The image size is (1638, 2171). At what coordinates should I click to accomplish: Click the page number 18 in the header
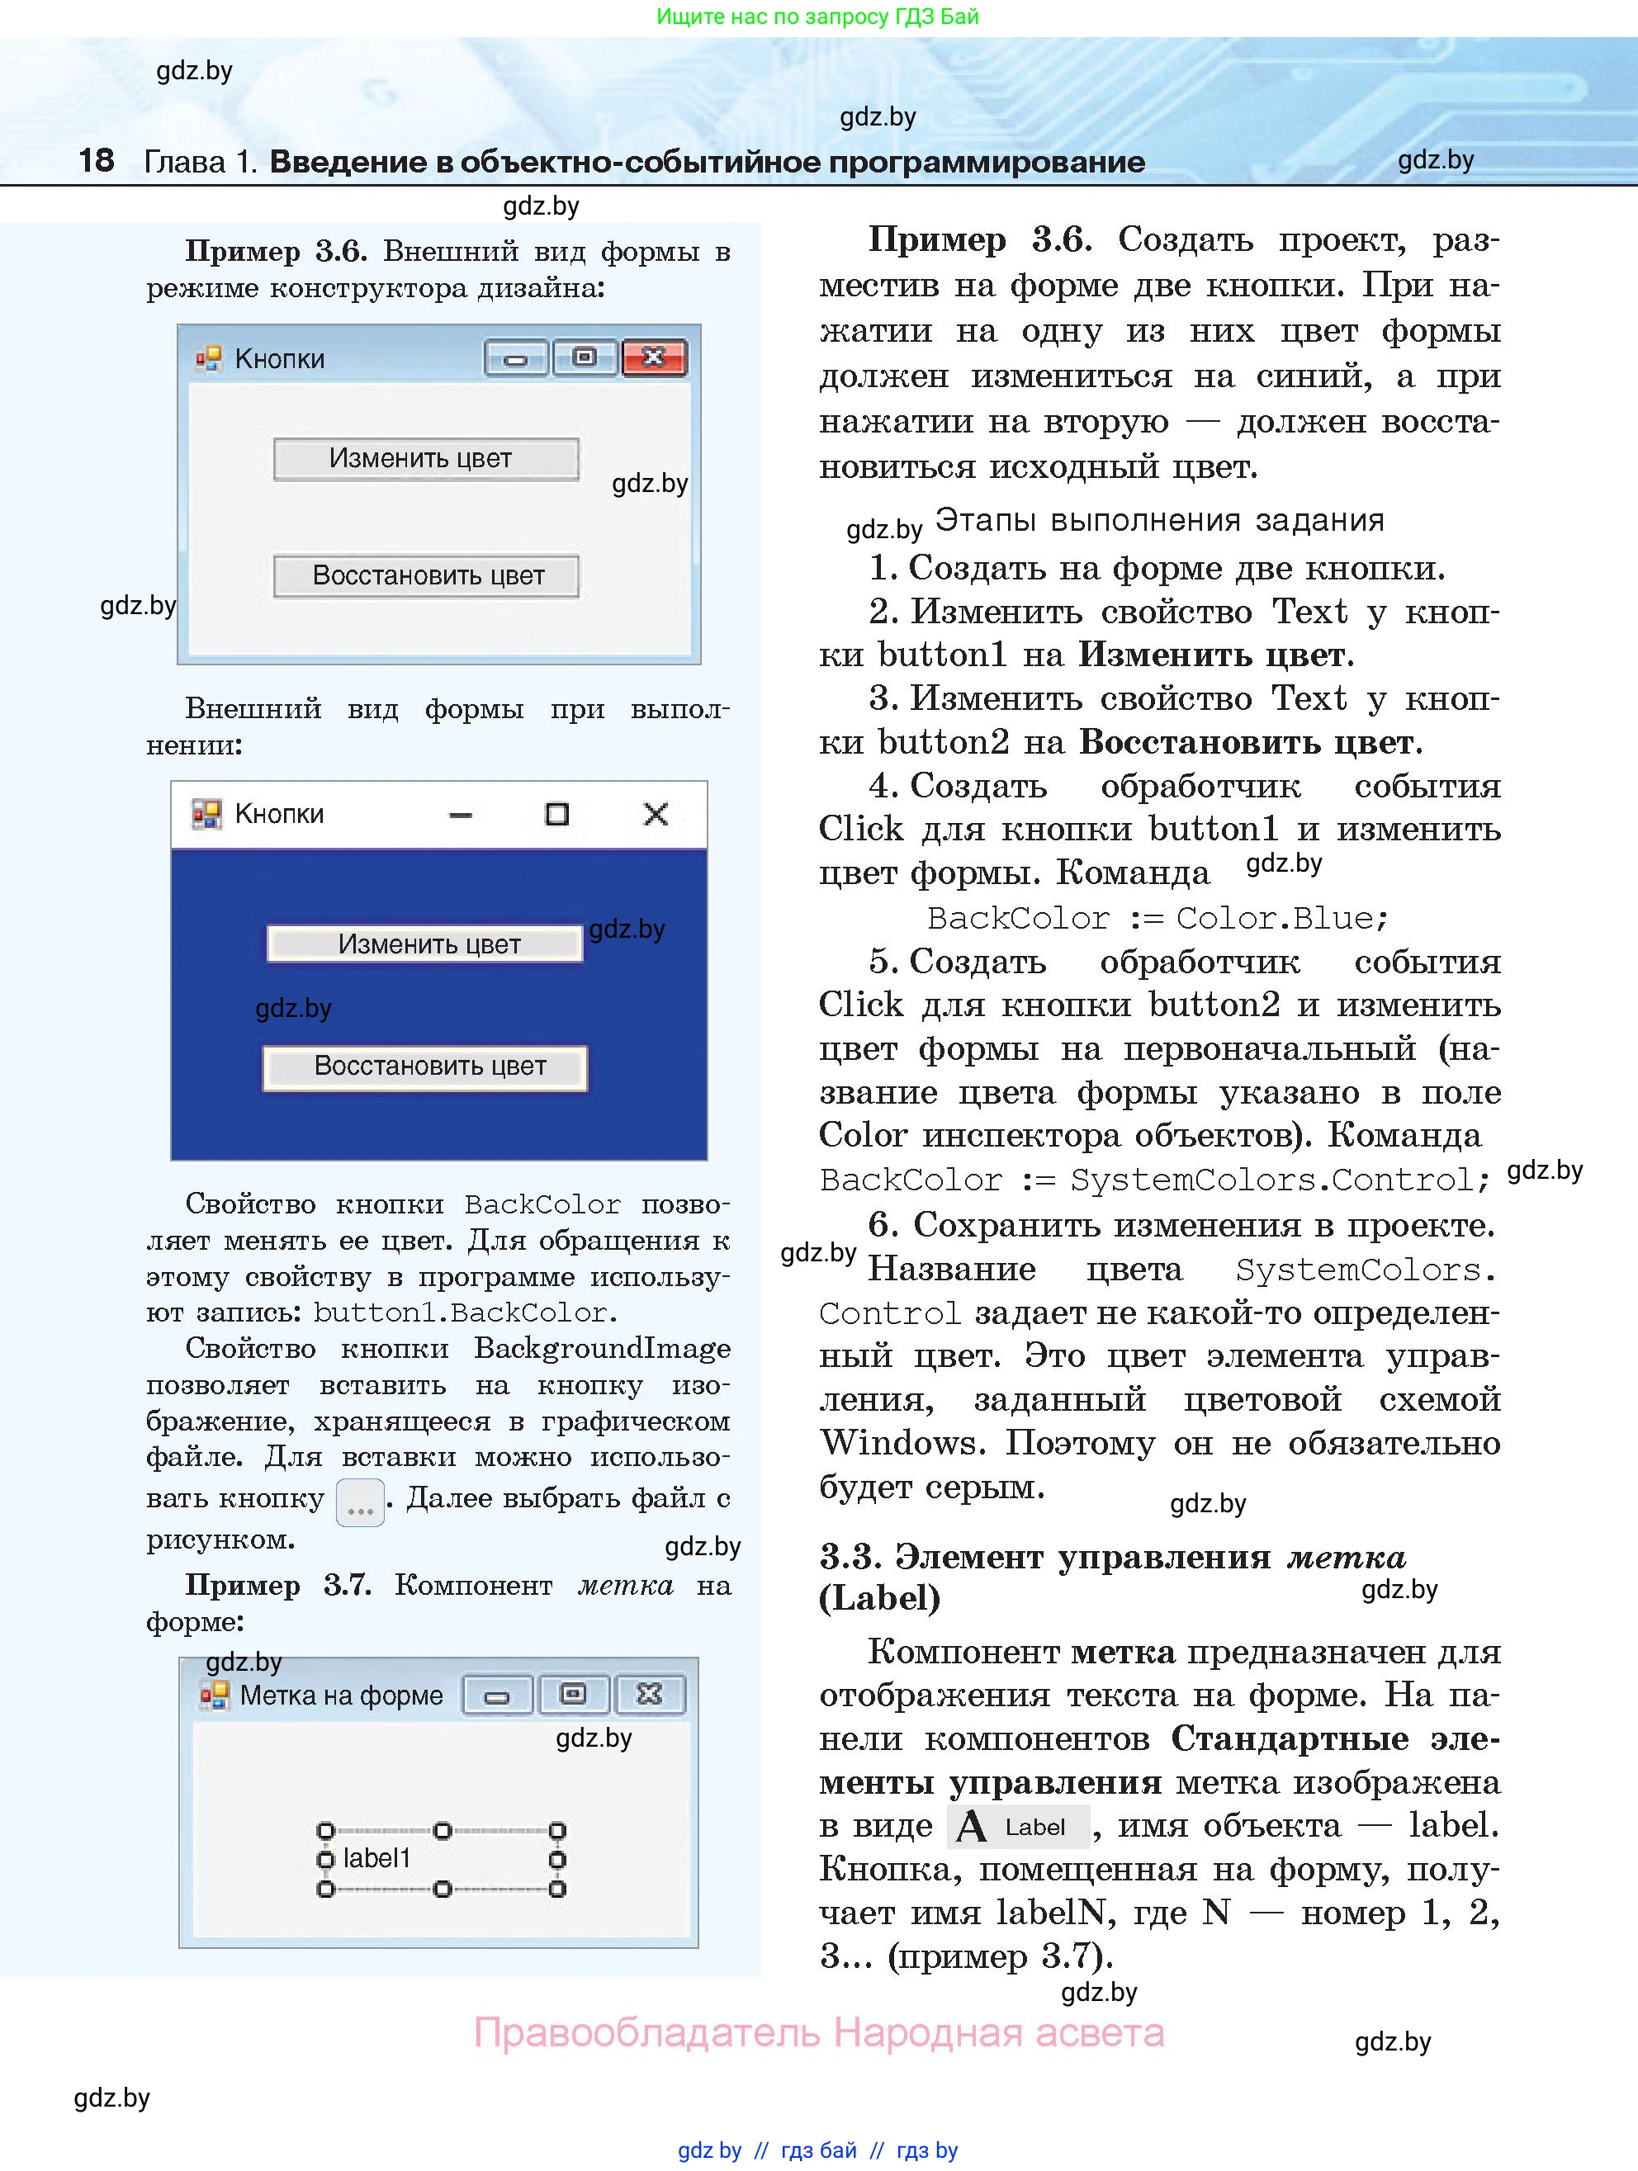coord(96,160)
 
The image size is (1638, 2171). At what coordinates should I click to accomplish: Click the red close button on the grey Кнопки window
coord(654,358)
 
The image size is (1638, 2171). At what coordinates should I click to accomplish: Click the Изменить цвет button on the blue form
coord(425,944)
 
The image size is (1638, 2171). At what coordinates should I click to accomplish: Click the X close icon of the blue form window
coord(656,814)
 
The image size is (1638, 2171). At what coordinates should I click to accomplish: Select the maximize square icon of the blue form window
coord(556,814)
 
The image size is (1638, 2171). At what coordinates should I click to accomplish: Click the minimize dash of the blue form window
coord(461,815)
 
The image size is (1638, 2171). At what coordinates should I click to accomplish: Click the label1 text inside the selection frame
coord(376,1858)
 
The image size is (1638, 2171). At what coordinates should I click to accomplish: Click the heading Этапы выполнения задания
coord(1158,520)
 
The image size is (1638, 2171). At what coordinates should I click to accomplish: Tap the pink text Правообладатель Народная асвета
coord(818,2032)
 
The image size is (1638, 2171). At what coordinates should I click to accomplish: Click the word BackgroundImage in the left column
coord(602,1349)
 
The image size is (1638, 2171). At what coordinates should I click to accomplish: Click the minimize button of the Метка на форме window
coord(498,1695)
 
